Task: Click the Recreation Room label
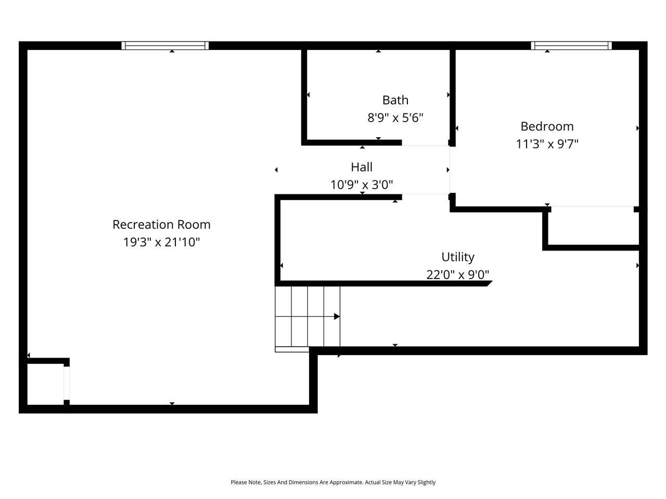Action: coord(161,225)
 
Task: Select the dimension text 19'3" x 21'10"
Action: coord(161,242)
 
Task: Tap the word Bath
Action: coord(395,100)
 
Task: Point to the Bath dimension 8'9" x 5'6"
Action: coord(395,118)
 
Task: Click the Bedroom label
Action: coord(547,126)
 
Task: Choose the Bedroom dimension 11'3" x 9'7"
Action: coord(547,144)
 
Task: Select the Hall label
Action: coord(362,167)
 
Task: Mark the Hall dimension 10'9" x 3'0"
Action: coord(362,185)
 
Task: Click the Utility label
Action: coord(458,257)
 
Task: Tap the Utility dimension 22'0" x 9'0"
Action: coord(458,274)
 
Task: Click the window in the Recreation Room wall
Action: coord(165,46)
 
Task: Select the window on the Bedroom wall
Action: coord(571,46)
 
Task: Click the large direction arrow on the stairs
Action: coord(337,317)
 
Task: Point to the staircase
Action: coord(308,317)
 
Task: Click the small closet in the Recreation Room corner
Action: coord(45,384)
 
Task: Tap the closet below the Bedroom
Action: coord(593,226)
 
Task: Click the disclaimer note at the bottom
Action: coord(333,482)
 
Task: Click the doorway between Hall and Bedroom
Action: coord(450,170)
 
